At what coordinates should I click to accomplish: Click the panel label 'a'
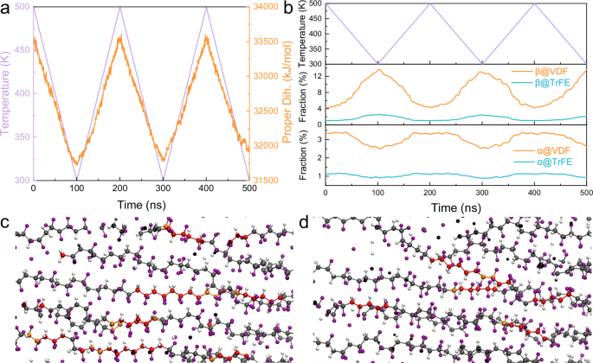(6, 9)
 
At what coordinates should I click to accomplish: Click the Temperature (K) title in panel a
(6, 93)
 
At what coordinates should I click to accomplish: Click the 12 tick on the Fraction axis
(317, 77)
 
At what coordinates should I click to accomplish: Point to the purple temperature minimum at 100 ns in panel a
(77, 179)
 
